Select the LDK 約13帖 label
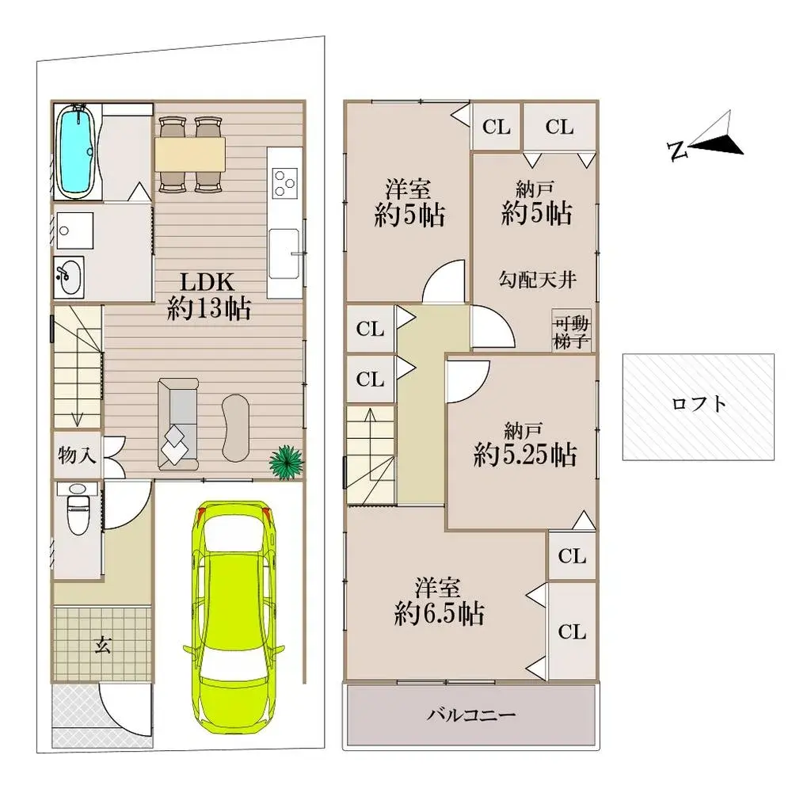click(x=208, y=295)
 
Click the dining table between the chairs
click(x=190, y=153)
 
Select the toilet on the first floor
click(x=78, y=512)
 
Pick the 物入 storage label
click(x=78, y=455)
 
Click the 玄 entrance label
click(x=102, y=645)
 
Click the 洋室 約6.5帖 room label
click(x=439, y=601)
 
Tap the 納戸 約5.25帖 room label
click(x=524, y=445)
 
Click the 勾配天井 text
click(x=537, y=279)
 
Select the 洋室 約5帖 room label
click(x=409, y=203)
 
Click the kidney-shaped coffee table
click(x=236, y=426)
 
